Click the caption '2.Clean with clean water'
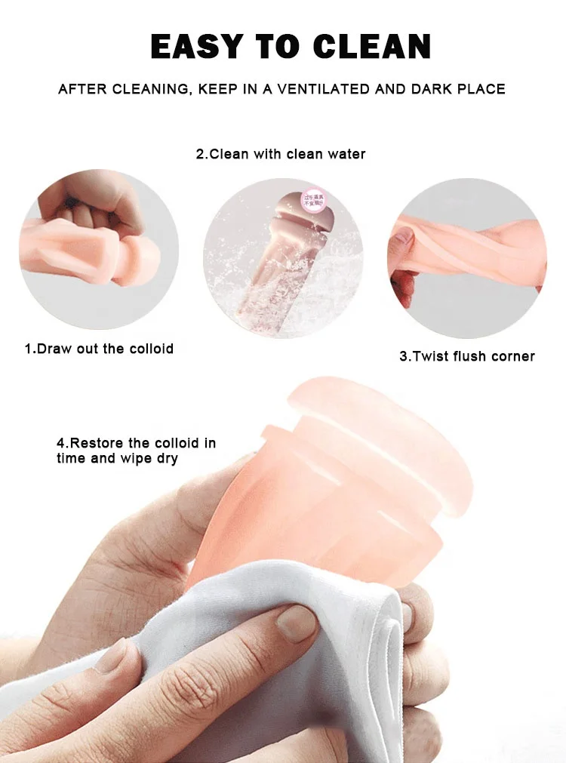281,154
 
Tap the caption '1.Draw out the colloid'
99,349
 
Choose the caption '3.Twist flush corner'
466,356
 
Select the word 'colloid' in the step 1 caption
149,349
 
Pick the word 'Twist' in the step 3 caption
428,356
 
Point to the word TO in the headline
285,47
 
